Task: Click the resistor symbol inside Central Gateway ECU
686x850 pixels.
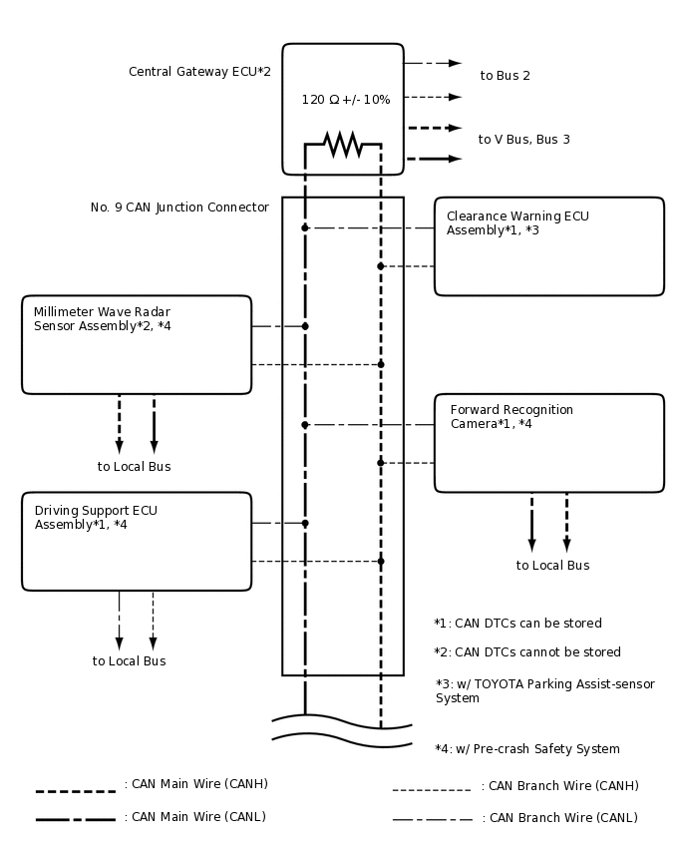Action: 343,145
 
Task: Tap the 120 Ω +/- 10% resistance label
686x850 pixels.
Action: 345,100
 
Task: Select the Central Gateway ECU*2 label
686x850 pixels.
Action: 199,72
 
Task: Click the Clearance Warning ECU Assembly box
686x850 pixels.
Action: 548,246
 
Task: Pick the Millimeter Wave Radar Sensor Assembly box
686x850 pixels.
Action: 137,344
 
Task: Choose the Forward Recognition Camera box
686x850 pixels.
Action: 548,443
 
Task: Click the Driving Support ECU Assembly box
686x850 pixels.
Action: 137,541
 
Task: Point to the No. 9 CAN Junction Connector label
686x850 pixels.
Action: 179,208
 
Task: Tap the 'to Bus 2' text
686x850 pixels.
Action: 505,76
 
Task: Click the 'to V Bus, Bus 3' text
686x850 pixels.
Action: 523,140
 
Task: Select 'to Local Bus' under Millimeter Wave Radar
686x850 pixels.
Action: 134,467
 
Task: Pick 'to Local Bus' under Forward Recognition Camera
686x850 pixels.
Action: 552,566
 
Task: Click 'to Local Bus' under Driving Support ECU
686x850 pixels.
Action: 129,661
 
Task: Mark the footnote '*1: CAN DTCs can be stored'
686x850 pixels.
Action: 517,624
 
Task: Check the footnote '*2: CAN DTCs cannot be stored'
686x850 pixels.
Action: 527,652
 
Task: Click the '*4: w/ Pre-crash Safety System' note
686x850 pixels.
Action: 526,749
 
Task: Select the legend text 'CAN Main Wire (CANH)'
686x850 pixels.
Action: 195,784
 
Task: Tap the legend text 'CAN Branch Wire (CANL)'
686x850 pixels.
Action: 559,818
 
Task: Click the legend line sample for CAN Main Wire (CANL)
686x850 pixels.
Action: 75,819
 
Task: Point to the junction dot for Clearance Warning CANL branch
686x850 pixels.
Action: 305,228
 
